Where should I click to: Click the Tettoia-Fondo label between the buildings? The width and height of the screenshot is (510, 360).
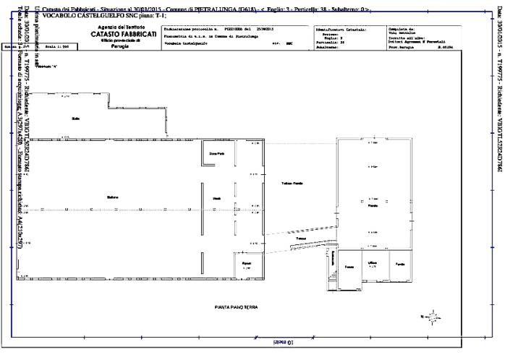292,183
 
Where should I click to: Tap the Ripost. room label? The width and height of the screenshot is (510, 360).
246,263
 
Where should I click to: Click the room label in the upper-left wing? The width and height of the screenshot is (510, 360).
75,118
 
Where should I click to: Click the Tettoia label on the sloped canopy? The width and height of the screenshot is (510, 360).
301,238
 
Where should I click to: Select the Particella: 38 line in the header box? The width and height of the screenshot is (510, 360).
329,43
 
